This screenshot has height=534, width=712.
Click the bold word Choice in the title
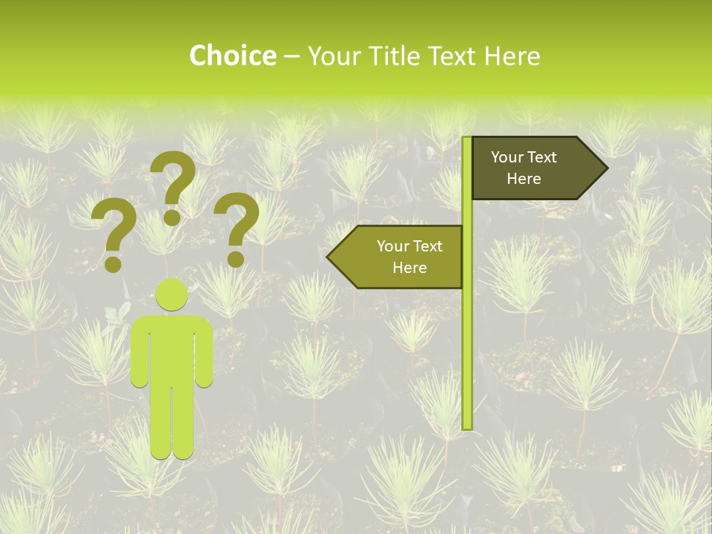[232, 56]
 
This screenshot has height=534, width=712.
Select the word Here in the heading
[512, 56]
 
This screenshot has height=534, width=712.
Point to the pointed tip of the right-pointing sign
[605, 168]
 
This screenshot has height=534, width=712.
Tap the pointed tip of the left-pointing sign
[329, 257]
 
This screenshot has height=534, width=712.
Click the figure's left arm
[139, 352]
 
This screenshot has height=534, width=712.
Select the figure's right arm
[205, 352]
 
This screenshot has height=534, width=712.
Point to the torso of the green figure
[172, 349]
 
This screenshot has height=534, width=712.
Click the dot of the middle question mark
[172, 217]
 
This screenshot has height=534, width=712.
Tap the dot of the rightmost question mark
[236, 259]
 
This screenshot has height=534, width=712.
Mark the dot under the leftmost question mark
[113, 263]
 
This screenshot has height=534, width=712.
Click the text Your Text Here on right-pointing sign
[524, 168]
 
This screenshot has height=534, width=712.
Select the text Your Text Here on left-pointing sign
[409, 257]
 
